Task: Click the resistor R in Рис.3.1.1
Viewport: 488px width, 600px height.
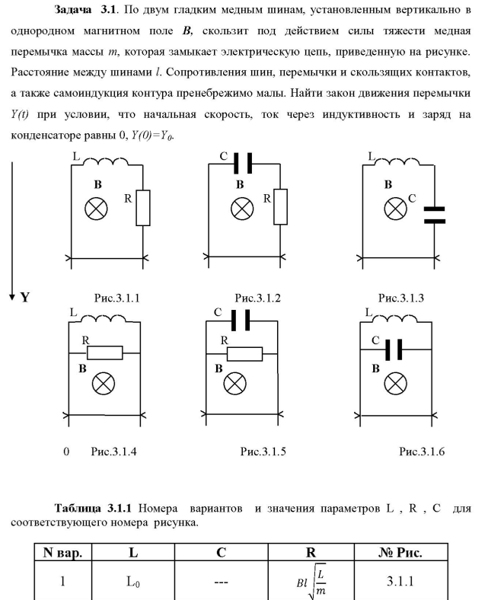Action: coord(143,208)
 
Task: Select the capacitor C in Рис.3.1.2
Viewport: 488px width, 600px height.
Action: coord(244,163)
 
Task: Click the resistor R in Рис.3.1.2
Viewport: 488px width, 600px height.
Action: coord(281,208)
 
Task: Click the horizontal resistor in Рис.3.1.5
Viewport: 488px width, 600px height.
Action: coord(243,353)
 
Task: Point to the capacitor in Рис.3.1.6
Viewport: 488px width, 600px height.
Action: coord(394,349)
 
